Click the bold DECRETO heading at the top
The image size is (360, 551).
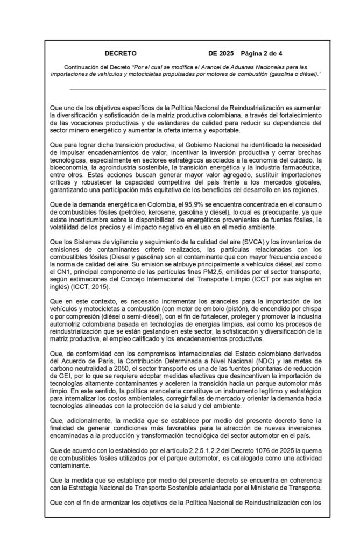click(120, 54)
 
